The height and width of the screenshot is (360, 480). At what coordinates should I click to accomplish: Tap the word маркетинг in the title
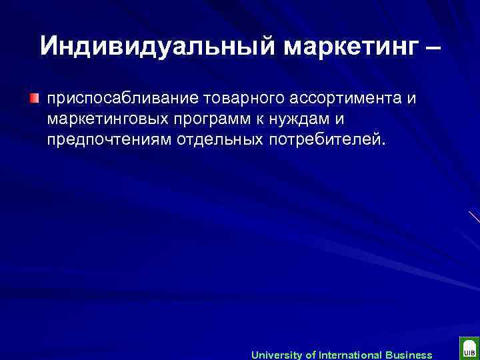[x=350, y=46]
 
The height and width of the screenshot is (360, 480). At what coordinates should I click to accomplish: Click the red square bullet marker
[x=33, y=99]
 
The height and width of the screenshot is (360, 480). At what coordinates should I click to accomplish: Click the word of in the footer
[x=311, y=355]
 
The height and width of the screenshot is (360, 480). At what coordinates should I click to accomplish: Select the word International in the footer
[x=352, y=355]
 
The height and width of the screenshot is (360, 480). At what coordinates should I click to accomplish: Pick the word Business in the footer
[x=409, y=355]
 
